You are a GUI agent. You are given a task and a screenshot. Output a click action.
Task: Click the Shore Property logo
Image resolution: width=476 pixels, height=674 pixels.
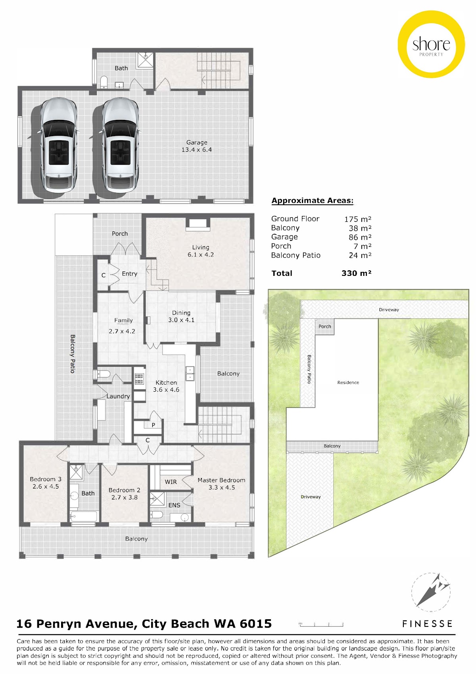click(431, 44)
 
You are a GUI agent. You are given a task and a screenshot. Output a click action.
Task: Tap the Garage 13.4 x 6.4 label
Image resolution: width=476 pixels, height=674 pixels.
click(197, 146)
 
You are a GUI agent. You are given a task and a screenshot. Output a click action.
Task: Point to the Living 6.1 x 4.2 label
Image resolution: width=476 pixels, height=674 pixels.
click(201, 251)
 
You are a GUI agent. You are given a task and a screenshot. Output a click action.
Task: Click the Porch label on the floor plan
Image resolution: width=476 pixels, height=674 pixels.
click(120, 233)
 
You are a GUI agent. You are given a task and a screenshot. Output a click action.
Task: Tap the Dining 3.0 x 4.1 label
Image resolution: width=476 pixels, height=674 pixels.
click(181, 316)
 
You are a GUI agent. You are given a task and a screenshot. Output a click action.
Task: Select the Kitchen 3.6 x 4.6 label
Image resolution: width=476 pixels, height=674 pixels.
click(166, 386)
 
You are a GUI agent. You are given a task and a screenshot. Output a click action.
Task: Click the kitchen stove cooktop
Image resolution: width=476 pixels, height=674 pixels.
click(139, 379)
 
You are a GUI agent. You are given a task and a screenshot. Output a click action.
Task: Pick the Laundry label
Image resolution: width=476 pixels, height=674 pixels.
click(118, 397)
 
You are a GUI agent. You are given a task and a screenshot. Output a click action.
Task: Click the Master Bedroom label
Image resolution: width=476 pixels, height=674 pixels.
click(221, 480)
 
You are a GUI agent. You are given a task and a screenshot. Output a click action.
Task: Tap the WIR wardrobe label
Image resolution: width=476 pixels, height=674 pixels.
click(171, 482)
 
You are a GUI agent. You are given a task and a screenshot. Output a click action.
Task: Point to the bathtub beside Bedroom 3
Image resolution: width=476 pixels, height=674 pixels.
click(84, 516)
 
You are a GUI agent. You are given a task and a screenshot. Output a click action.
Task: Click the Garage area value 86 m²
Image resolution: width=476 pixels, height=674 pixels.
click(360, 237)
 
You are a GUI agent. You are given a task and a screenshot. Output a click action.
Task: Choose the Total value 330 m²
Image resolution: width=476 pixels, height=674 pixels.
click(356, 273)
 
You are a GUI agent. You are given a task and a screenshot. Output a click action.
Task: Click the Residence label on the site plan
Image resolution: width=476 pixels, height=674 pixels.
click(348, 382)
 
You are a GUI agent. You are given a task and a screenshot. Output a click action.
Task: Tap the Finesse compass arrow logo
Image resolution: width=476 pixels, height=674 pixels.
click(431, 593)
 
